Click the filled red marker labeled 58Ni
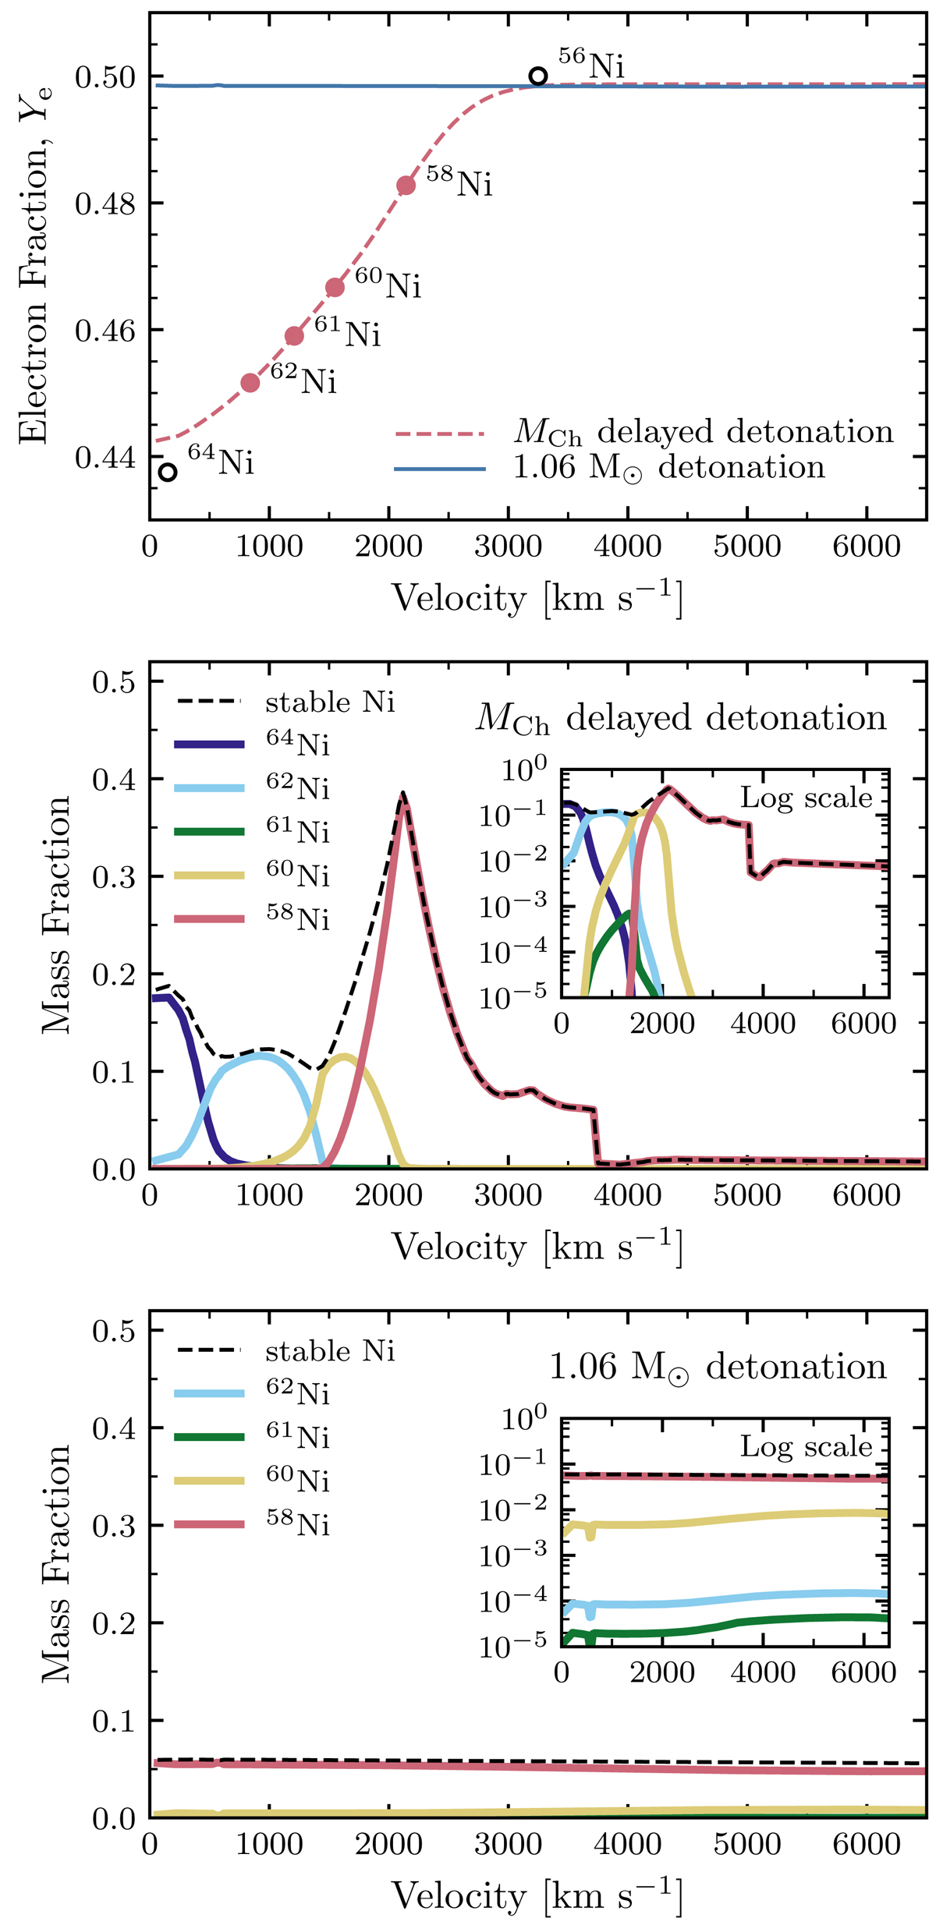click(x=406, y=186)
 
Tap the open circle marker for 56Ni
click(x=537, y=76)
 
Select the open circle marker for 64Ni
click(x=167, y=472)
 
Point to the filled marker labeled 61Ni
click(x=294, y=336)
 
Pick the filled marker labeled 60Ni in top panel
click(x=335, y=288)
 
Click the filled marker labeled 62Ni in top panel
click(x=250, y=383)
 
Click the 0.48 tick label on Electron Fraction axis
click(x=105, y=204)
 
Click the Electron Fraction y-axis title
click(x=35, y=265)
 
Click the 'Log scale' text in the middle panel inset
click(x=806, y=798)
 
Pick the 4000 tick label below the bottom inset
click(x=763, y=1673)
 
